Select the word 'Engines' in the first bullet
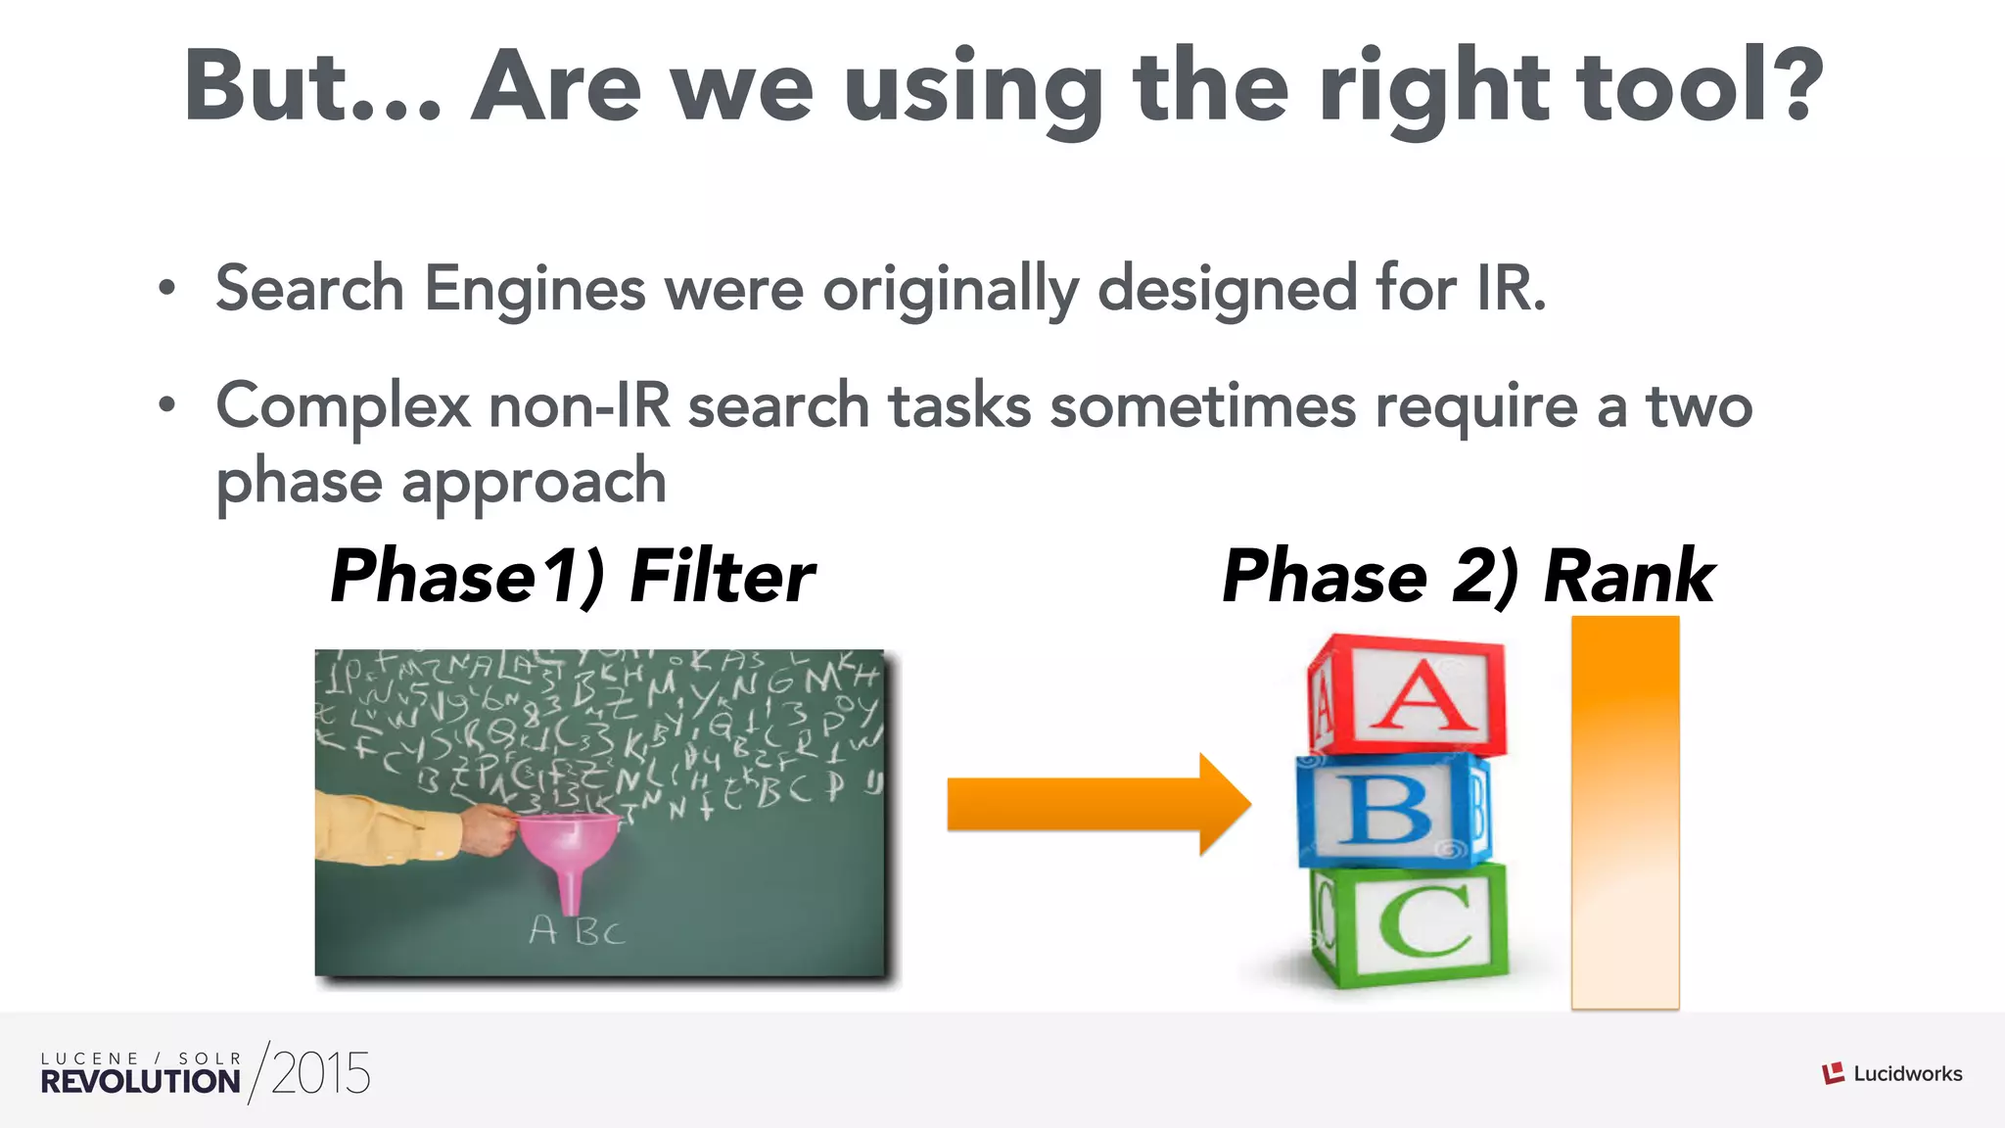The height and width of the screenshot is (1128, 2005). [x=534, y=291]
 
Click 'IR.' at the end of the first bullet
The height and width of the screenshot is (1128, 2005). [x=1512, y=289]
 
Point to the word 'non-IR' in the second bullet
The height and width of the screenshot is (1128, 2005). [x=580, y=405]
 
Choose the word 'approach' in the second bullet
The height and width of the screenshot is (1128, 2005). [x=534, y=483]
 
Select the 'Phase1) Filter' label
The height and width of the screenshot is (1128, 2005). [x=572, y=576]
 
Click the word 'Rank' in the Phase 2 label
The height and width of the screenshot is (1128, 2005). [x=1629, y=576]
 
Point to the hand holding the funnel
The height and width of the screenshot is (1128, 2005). [x=488, y=830]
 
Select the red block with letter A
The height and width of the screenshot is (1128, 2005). [x=1407, y=695]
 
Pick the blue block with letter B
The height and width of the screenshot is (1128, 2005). [x=1393, y=810]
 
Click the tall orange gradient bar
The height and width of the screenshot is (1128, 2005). [x=1625, y=813]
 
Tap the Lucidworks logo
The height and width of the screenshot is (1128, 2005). [x=1891, y=1074]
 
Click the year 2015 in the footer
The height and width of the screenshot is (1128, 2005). [x=320, y=1073]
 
